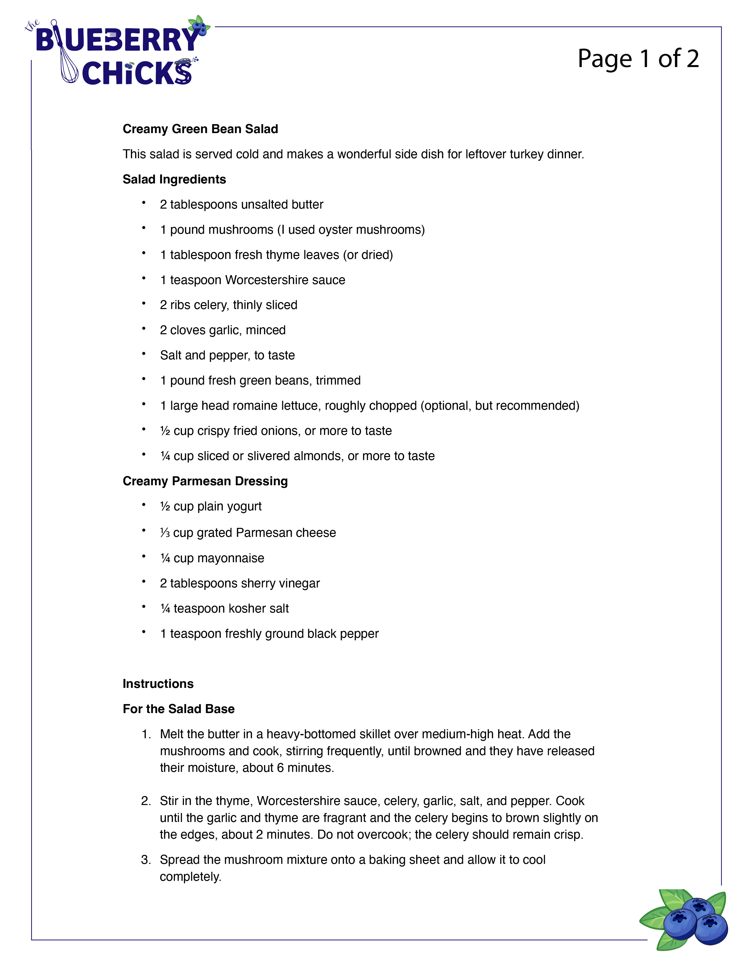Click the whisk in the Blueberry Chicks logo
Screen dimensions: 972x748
pos(68,67)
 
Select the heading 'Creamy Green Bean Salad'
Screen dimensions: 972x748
pos(200,129)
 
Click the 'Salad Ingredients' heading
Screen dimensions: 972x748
pos(174,179)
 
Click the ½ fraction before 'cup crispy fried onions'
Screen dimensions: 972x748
pos(165,431)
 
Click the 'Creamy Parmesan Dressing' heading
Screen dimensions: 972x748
pos(205,481)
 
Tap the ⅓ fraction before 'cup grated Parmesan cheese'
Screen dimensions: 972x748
pos(165,533)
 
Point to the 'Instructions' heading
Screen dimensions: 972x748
pos(158,684)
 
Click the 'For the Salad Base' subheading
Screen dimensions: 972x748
pos(179,709)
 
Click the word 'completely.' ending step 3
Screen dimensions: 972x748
pos(190,877)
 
